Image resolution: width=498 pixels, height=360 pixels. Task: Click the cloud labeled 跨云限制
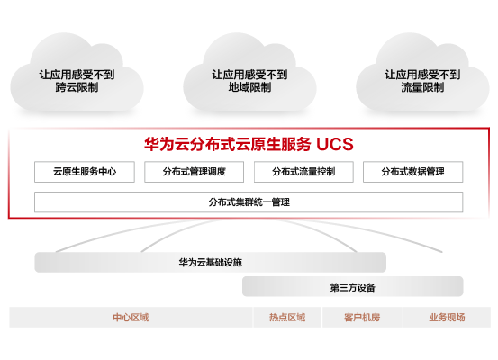click(x=77, y=76)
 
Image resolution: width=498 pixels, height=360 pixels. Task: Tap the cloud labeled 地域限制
click(x=249, y=76)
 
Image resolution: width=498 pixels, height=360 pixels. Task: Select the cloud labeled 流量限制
click(x=422, y=76)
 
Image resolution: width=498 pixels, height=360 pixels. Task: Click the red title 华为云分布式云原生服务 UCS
click(x=249, y=144)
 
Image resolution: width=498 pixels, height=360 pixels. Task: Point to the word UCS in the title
click(x=335, y=144)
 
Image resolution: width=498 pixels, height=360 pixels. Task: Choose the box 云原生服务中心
click(x=85, y=172)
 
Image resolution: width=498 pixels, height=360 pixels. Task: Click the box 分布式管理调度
click(x=194, y=172)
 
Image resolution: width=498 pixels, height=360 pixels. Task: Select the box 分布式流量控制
click(x=303, y=172)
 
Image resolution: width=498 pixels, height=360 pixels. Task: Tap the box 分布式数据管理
click(x=412, y=172)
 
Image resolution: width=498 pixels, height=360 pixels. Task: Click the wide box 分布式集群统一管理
click(x=249, y=202)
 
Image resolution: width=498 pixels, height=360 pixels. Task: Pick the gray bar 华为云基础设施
click(x=210, y=262)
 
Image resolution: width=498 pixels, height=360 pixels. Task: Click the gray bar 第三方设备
click(x=352, y=287)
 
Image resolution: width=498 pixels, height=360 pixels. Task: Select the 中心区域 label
click(x=131, y=317)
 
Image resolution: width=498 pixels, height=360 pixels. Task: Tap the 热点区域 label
click(x=287, y=317)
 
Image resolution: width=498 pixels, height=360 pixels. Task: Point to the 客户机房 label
click(x=362, y=317)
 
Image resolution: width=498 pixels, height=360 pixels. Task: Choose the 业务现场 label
click(x=447, y=317)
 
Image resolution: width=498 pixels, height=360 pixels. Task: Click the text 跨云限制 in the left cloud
click(x=77, y=87)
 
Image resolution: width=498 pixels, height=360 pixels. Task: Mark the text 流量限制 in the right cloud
click(x=422, y=87)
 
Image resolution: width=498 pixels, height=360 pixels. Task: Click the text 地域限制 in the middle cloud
click(x=249, y=87)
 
